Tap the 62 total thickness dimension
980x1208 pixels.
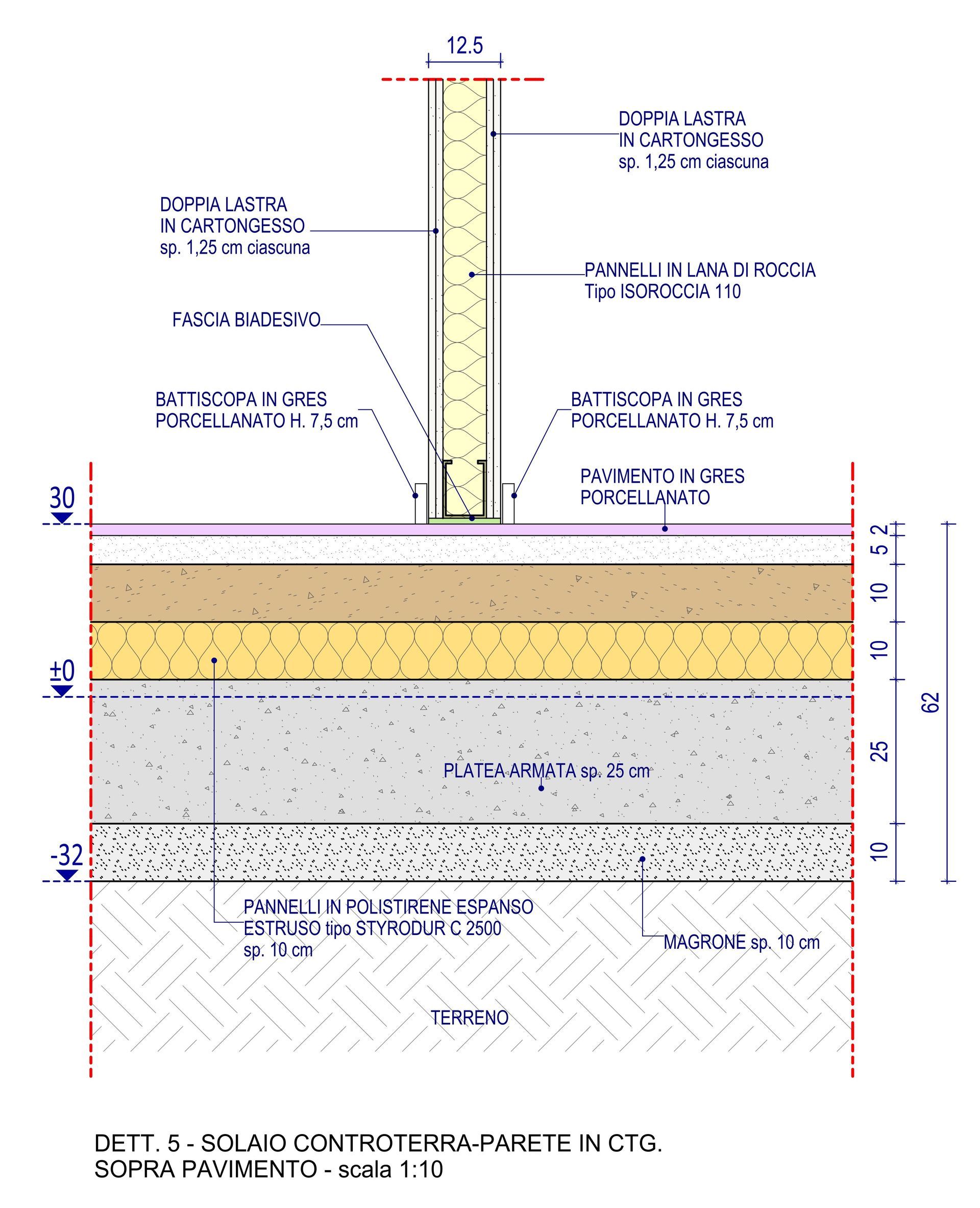(933, 702)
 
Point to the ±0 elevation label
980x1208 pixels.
(62, 671)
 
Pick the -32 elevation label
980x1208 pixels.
(67, 856)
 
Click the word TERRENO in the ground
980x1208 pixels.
(470, 1018)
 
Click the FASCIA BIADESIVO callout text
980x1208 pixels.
(246, 320)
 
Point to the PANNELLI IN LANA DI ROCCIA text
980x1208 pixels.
(699, 270)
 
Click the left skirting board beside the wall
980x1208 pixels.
(421, 502)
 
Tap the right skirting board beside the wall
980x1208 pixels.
(508, 502)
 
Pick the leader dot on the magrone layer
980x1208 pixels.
(642, 859)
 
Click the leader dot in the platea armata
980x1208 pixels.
(541, 788)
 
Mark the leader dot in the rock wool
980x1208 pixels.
(472, 275)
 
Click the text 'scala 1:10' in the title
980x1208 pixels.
(390, 1169)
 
